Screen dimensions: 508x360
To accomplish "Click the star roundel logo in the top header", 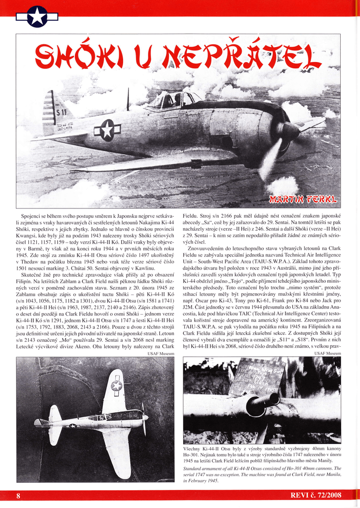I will coord(37,16).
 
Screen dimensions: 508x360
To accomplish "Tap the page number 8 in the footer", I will coord(18,496).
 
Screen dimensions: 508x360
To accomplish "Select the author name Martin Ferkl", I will coord(303,199).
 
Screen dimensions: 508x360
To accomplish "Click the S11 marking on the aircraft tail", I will coord(61,112).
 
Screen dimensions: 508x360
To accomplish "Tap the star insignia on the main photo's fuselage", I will coord(107,130).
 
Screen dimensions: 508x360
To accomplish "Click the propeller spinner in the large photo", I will coord(291,131).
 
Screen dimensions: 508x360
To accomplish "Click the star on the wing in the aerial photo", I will coord(117,385).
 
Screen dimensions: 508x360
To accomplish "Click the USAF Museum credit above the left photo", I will coord(161,353).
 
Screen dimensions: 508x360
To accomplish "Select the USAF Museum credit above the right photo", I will coord(328,353).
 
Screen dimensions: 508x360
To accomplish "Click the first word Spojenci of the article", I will coord(32,216).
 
